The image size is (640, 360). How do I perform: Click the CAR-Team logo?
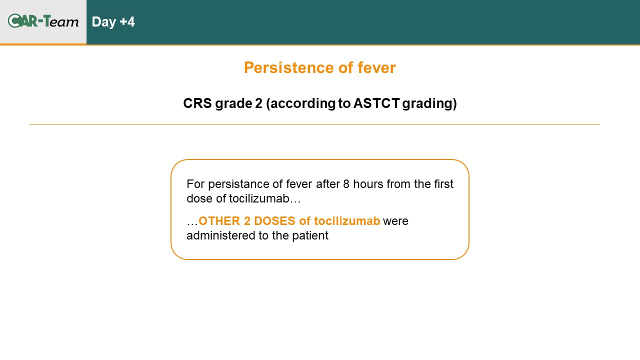(x=43, y=21)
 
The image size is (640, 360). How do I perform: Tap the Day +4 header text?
(x=113, y=22)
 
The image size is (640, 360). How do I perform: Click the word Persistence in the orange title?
(x=289, y=68)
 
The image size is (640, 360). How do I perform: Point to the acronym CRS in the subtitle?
(x=197, y=103)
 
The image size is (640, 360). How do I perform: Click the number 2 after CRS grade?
(x=258, y=103)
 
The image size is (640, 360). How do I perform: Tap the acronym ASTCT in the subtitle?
(x=376, y=103)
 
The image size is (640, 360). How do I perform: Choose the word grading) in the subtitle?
(x=429, y=104)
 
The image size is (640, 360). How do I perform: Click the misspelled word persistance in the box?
(x=238, y=184)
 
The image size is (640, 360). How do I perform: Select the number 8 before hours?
(x=346, y=184)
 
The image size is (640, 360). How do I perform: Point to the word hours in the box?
(x=368, y=184)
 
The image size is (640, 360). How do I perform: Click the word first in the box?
(x=443, y=184)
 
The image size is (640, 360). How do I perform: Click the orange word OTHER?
(x=219, y=221)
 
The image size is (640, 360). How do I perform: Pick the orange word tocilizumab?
(x=347, y=221)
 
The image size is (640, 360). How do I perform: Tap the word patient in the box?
(x=310, y=236)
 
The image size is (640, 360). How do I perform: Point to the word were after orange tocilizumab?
(x=395, y=221)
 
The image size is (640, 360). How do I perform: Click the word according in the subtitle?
(x=302, y=104)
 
